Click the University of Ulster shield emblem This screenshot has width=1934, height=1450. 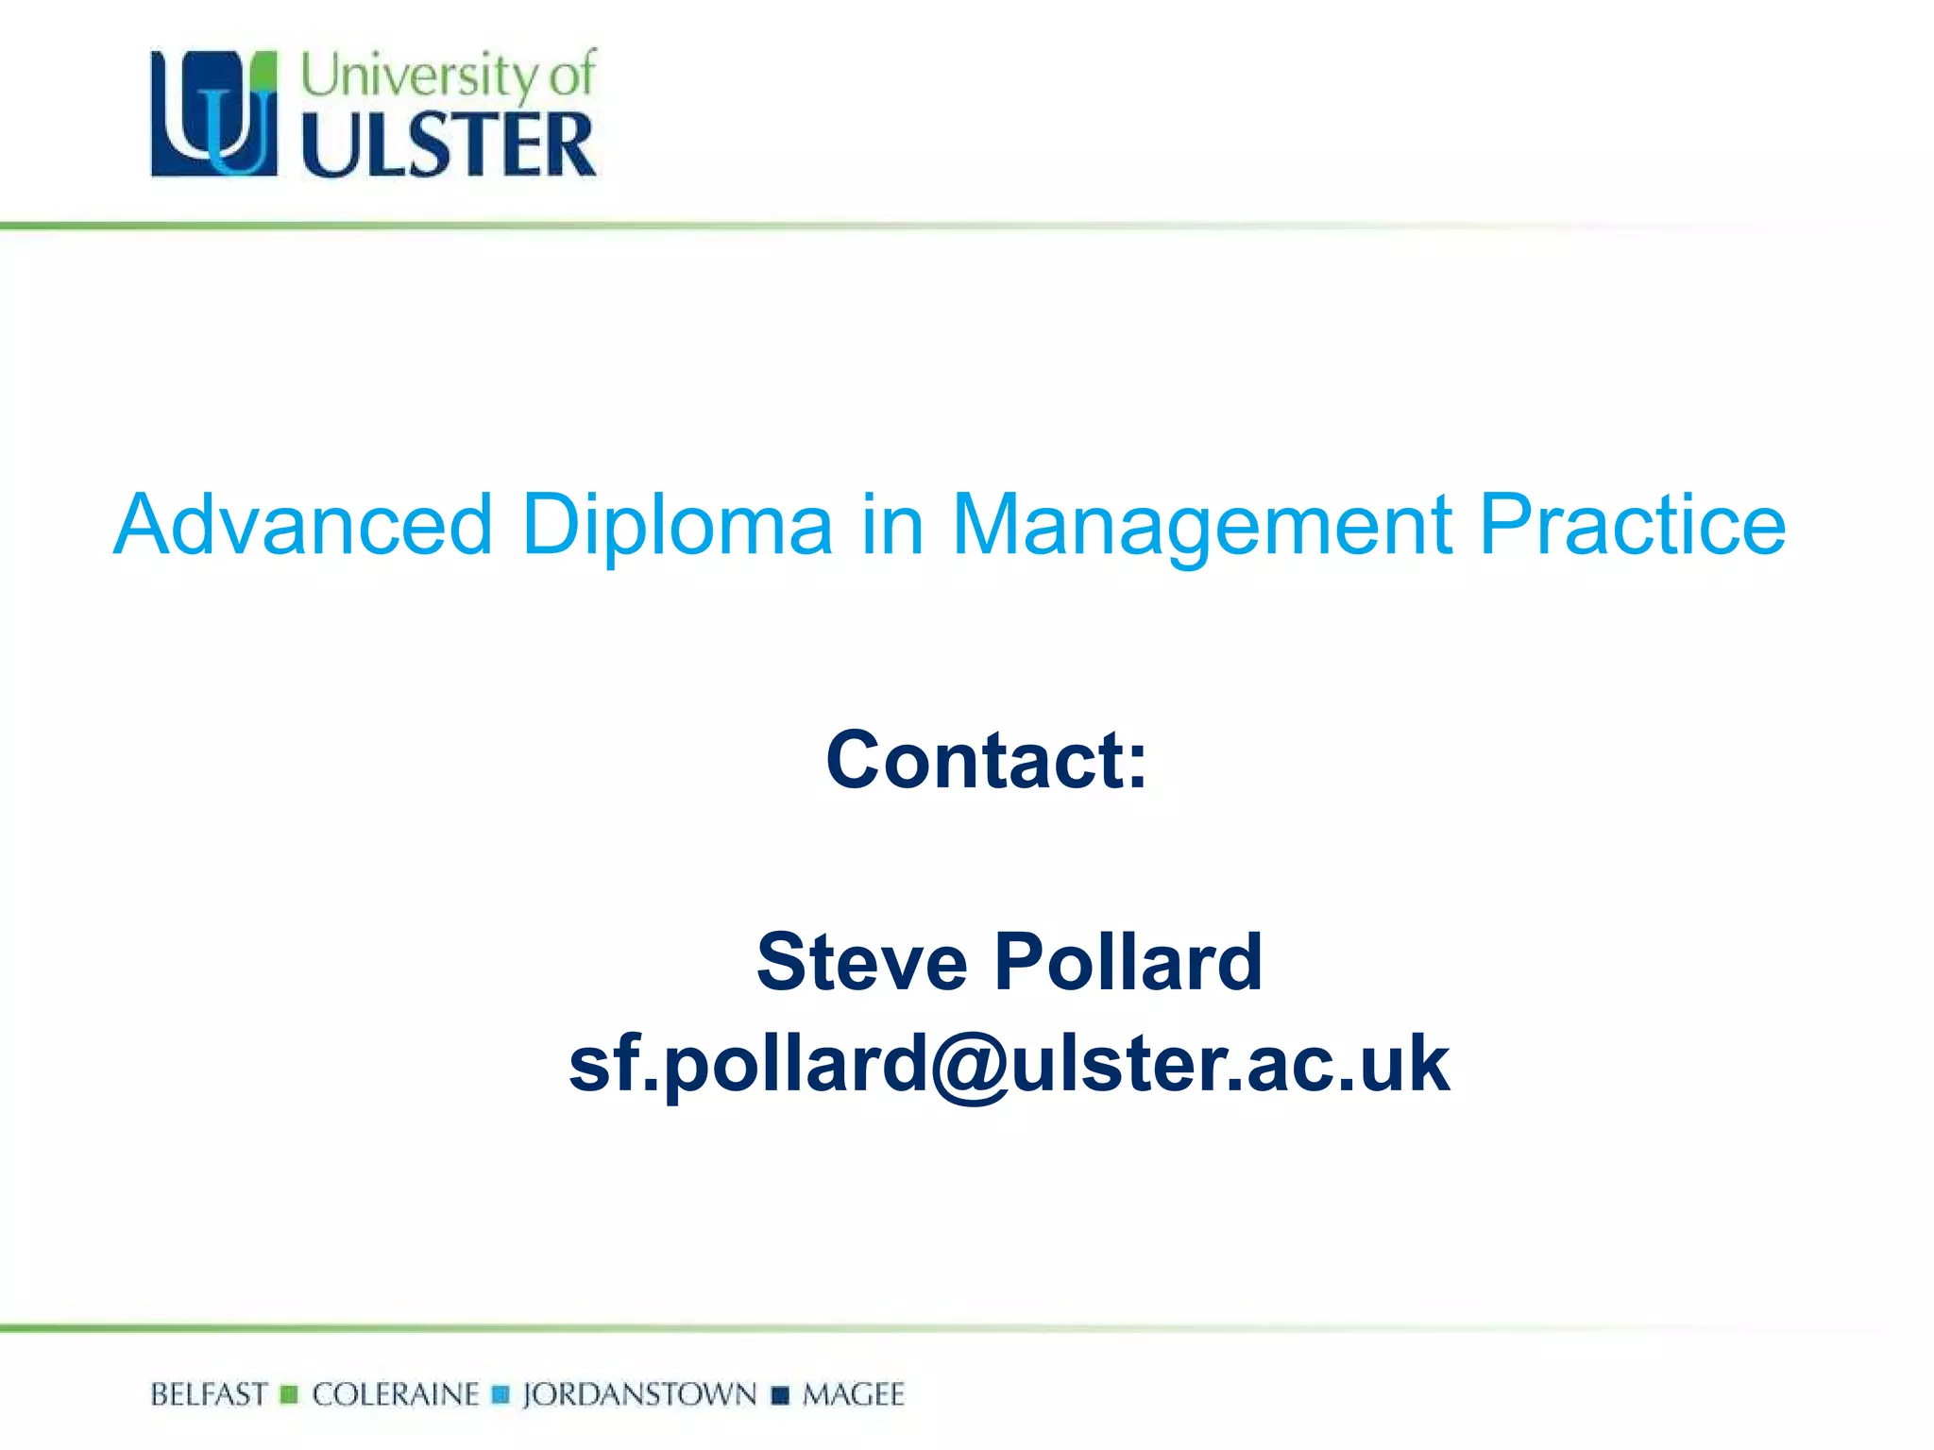(214, 113)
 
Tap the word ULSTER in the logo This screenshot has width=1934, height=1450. (449, 144)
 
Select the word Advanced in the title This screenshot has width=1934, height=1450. (303, 525)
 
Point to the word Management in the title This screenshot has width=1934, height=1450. (1201, 527)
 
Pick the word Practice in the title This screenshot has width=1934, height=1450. (1632, 525)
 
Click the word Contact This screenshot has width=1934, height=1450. (986, 760)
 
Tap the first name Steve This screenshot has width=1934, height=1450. (862, 962)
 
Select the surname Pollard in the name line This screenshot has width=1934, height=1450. (1128, 962)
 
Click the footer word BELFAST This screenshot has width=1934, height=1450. (209, 1394)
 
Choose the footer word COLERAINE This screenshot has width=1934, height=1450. (396, 1394)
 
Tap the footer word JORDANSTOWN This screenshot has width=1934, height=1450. (639, 1394)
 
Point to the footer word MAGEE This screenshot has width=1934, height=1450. (854, 1394)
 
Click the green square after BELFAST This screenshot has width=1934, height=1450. (289, 1394)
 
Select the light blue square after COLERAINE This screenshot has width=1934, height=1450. (501, 1394)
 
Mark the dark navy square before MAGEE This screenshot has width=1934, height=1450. (780, 1394)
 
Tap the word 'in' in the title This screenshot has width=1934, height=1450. (891, 525)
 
